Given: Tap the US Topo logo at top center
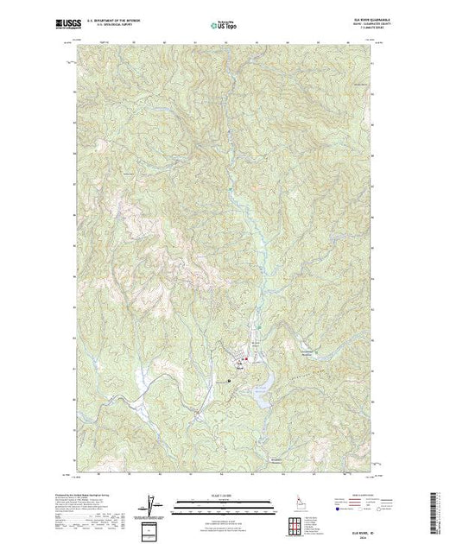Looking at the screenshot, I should [224, 24].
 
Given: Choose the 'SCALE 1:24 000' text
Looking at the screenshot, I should [212, 497].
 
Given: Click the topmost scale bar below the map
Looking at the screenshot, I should [212, 502].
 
